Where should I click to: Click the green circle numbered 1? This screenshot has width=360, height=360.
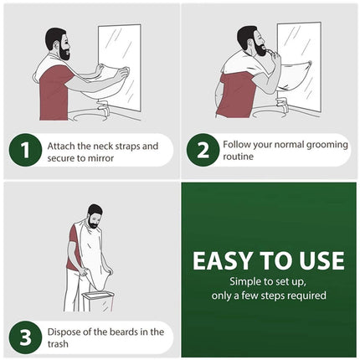coord(25,150)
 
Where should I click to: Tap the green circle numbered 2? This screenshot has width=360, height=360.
coord(203,150)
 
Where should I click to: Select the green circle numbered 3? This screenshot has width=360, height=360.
coord(25,337)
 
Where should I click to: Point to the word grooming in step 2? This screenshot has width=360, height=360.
coord(327,145)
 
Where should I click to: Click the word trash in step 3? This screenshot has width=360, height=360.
coord(58,344)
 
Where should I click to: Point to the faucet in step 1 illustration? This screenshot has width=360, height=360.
coord(104,107)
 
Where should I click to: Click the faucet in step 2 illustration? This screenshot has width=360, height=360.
coord(282,104)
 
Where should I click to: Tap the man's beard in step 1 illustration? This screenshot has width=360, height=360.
coord(64,53)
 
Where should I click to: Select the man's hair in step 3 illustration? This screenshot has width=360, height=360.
coord(95,210)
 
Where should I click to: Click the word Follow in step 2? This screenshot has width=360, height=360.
coord(234,145)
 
